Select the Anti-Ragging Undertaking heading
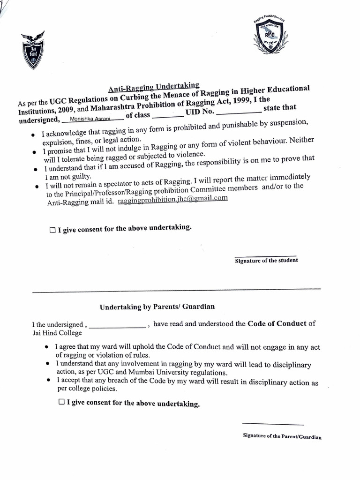click(x=154, y=87)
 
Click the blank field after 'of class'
click(x=168, y=115)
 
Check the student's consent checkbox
click(x=52, y=231)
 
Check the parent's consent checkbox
click(x=61, y=402)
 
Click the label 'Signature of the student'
click(x=266, y=261)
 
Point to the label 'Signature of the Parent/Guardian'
click(x=282, y=436)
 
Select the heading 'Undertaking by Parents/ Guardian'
click(x=157, y=307)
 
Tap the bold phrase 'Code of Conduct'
click(x=277, y=323)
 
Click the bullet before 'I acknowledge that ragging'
click(x=32, y=135)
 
